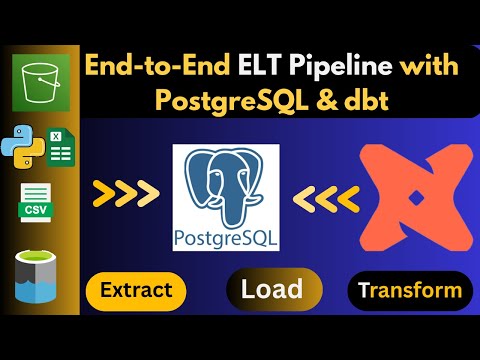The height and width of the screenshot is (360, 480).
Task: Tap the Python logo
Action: pos(23,149)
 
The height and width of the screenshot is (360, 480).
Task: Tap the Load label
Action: pos(272,290)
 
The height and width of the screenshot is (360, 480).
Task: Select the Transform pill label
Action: pos(410,291)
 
